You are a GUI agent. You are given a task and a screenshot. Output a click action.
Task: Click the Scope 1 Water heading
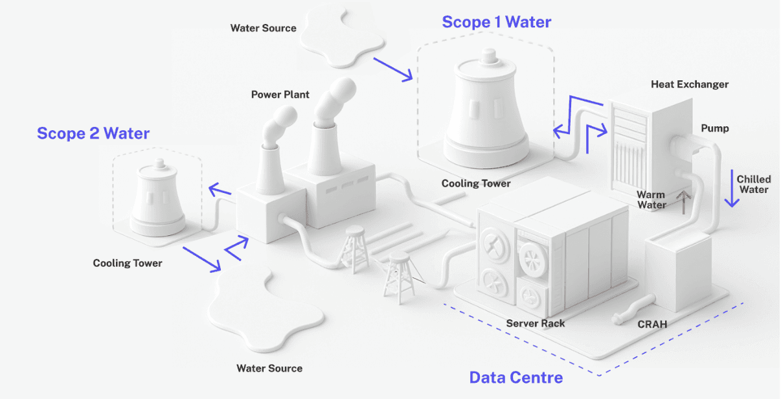pyautogui.click(x=497, y=23)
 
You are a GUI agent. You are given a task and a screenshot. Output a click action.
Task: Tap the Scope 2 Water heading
pyautogui.click(x=93, y=134)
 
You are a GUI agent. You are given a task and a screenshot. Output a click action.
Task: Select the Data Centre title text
pyautogui.click(x=515, y=377)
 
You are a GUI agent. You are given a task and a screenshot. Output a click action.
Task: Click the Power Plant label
pyautogui.click(x=280, y=95)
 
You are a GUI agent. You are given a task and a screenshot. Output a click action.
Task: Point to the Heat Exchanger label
pyautogui.click(x=690, y=84)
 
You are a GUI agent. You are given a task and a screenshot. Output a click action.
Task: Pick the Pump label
pyautogui.click(x=715, y=128)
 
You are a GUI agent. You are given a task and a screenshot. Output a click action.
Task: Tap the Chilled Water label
pyautogui.click(x=754, y=184)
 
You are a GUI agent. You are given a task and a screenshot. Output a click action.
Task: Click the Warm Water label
pyautogui.click(x=651, y=199)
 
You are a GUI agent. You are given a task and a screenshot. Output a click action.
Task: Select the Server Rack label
pyautogui.click(x=536, y=323)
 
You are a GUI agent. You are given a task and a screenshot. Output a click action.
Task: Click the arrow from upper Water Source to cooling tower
pyautogui.click(x=393, y=69)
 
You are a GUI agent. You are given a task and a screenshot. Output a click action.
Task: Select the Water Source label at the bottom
pyautogui.click(x=269, y=369)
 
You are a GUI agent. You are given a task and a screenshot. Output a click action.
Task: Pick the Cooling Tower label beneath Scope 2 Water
pyautogui.click(x=128, y=263)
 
